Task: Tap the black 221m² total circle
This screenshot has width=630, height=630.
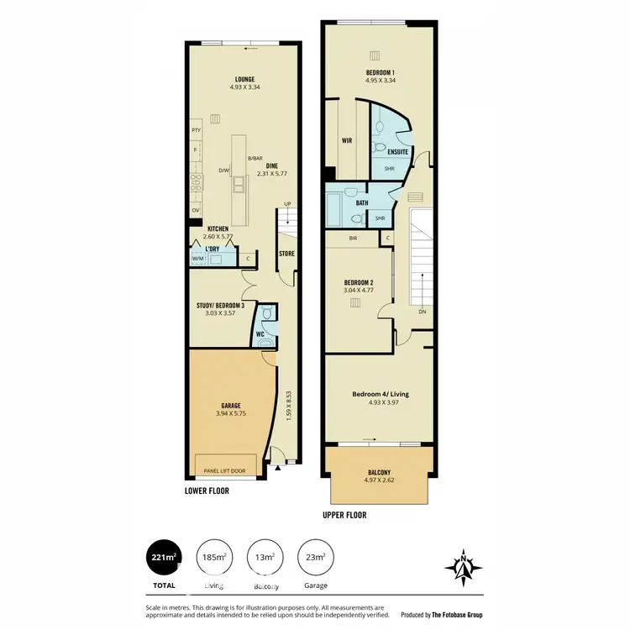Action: [164, 556]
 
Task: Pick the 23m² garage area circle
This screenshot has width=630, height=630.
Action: [316, 556]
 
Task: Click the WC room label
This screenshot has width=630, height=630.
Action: [261, 333]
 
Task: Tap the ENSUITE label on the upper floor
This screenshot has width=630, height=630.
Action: [398, 152]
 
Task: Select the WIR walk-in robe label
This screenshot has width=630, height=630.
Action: [345, 141]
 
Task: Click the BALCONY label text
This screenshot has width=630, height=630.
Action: [379, 472]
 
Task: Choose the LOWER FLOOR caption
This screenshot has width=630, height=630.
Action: [208, 489]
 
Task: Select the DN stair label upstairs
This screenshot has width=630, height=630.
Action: [421, 312]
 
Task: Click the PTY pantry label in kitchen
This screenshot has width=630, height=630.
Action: [196, 130]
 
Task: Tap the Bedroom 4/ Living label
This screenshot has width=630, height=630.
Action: [380, 393]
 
